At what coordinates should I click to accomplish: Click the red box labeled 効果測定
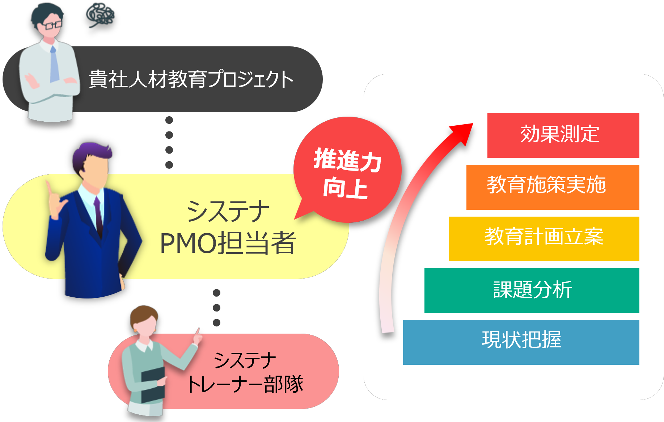[x=563, y=135]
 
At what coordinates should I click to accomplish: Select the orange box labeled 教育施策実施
[x=553, y=187]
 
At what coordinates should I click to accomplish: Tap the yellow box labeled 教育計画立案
[x=544, y=239]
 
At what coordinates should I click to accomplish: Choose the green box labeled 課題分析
[x=532, y=290]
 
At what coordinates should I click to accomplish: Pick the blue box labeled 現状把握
[x=521, y=342]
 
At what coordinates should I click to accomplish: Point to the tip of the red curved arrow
[x=473, y=124]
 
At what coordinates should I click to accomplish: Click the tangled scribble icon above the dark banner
[x=100, y=15]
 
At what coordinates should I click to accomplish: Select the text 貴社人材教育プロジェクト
[x=191, y=79]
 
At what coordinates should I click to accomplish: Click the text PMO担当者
[x=228, y=243]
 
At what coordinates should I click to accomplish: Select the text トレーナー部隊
[x=245, y=384]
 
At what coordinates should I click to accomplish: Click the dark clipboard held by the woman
[x=153, y=385]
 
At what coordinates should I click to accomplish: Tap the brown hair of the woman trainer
[x=144, y=316]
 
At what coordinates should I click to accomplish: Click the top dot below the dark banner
[x=169, y=120]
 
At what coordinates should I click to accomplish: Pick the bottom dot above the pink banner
[x=217, y=322]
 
